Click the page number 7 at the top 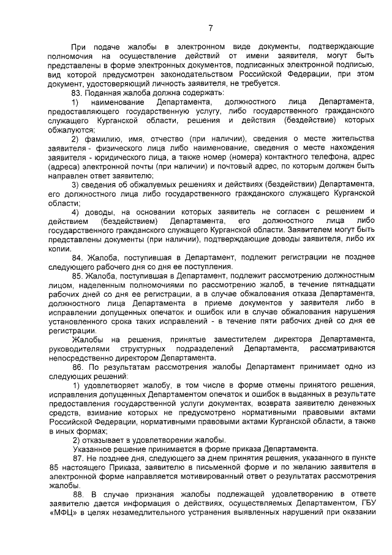[210, 28]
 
